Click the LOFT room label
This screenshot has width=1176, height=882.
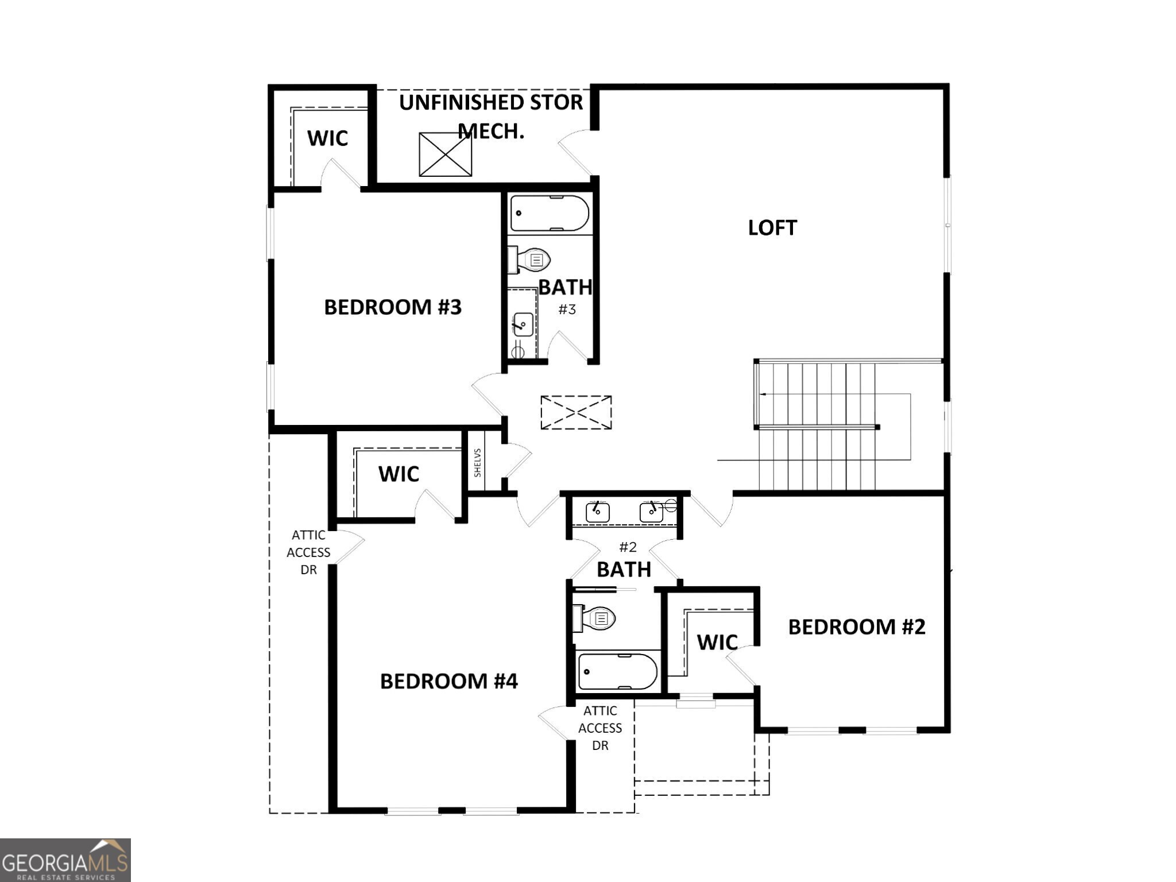[x=772, y=228]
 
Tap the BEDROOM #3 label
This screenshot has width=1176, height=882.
[x=393, y=307]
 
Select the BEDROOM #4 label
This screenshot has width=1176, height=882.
[x=448, y=681]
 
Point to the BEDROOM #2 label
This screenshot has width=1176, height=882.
[x=856, y=626]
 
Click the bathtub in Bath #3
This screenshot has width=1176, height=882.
[x=550, y=213]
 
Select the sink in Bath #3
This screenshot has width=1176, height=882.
[x=523, y=324]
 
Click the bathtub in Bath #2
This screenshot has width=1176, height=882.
[x=617, y=671]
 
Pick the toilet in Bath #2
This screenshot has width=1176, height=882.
[x=596, y=618]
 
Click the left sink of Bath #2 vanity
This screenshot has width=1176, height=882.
[x=597, y=511]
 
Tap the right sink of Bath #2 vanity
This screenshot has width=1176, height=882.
[x=652, y=512]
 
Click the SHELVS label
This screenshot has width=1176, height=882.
[x=478, y=463]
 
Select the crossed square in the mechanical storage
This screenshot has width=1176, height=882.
[x=445, y=154]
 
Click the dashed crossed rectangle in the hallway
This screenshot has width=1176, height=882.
[x=576, y=412]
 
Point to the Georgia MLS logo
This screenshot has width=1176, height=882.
[x=65, y=860]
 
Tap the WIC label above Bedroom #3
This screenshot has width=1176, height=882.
[x=327, y=138]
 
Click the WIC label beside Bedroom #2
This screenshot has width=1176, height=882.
[x=717, y=642]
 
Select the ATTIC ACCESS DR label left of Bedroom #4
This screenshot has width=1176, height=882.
[x=308, y=552]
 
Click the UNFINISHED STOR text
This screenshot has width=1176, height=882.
[x=491, y=103]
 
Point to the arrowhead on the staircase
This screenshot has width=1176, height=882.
[x=762, y=394]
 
